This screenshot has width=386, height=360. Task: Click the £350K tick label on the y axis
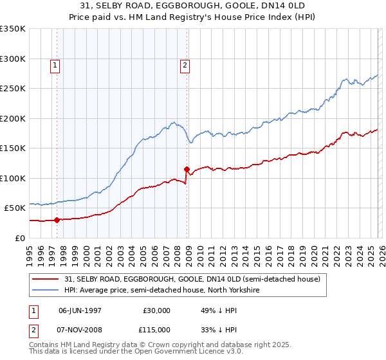pos(13,29)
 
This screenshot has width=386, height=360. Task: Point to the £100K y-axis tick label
pos(13,178)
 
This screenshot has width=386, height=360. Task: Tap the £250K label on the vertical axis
pos(13,89)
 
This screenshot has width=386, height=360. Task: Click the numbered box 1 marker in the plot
pos(55,64)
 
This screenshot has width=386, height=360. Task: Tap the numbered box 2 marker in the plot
pos(185,64)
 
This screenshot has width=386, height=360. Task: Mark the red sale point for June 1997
pos(57,220)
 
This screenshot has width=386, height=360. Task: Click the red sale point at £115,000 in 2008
pos(187,169)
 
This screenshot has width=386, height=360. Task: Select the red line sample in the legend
pos(46,278)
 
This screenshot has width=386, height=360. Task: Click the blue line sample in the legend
pos(46,290)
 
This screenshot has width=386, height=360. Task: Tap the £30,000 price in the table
pos(157,310)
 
